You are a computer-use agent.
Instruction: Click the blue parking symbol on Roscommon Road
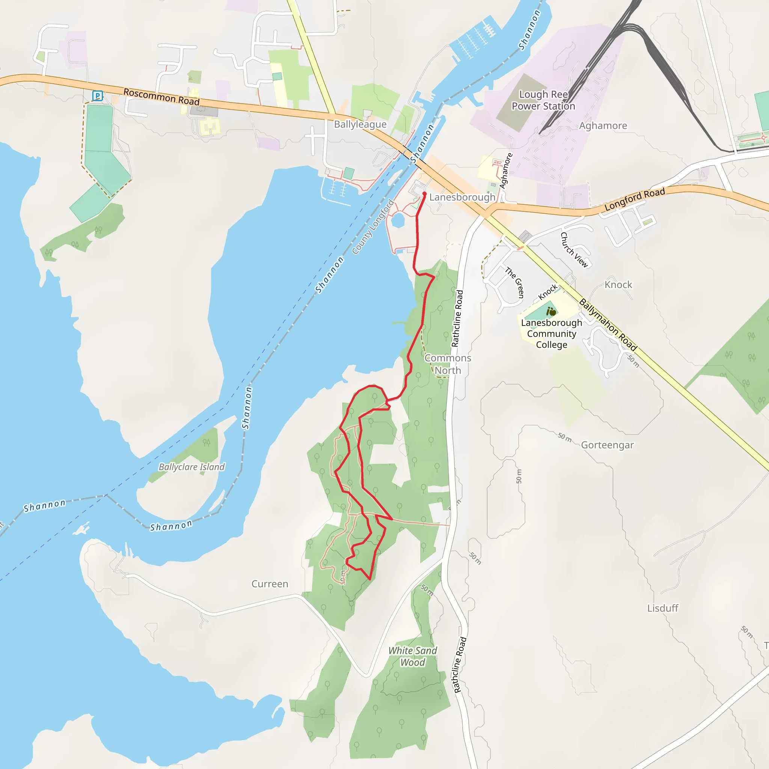point(97,95)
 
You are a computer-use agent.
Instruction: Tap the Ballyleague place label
point(360,125)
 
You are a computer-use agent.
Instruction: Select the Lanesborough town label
point(462,197)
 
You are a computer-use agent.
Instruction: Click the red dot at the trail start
point(424,194)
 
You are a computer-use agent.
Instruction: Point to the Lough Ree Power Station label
point(543,100)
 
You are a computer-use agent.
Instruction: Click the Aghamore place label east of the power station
point(603,126)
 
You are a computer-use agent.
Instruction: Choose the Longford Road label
point(635,199)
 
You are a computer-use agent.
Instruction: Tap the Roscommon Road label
point(161,97)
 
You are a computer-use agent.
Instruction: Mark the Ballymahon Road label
point(608,325)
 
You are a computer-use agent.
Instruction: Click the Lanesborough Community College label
point(551,333)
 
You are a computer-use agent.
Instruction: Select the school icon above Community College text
point(551,312)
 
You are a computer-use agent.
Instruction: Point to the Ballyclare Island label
point(191,467)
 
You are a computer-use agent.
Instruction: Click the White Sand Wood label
point(412,656)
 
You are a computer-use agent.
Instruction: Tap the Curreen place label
point(270,584)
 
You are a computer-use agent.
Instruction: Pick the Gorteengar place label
point(607,445)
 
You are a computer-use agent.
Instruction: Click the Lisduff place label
point(662,608)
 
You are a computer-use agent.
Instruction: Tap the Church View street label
point(574,250)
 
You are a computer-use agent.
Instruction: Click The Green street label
point(515,283)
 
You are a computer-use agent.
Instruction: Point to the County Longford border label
point(373,227)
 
